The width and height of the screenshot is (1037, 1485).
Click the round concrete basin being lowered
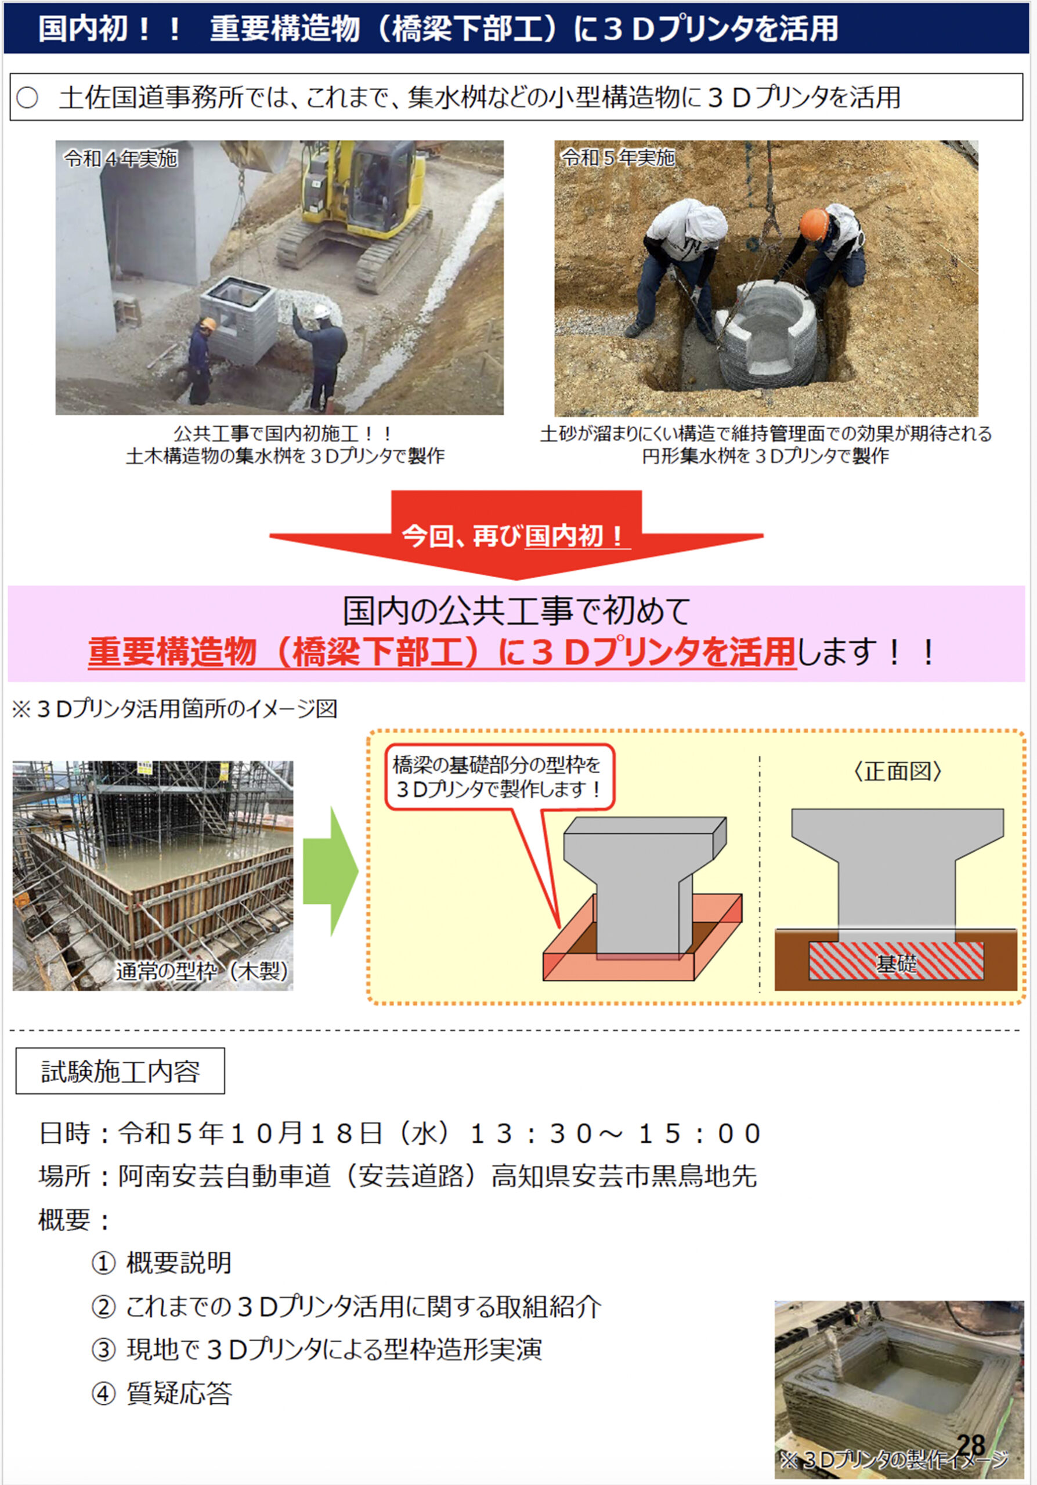(767, 336)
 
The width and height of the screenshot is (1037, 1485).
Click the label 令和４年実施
(120, 158)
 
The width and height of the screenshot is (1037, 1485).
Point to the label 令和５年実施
(618, 157)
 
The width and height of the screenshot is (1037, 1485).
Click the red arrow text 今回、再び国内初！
(515, 536)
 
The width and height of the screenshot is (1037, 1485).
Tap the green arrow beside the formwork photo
(331, 871)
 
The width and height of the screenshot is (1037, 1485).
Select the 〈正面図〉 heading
(897, 771)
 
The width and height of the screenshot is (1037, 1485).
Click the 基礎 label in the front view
(897, 964)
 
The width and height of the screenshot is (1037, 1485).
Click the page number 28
(970, 1445)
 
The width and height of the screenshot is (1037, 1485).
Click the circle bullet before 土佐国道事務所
(27, 97)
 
